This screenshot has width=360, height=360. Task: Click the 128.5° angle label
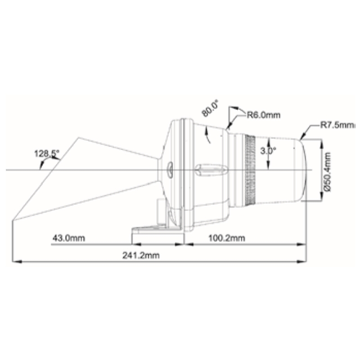[47, 153]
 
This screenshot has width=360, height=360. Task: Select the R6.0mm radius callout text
[264, 114]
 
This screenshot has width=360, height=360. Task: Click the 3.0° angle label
[268, 151]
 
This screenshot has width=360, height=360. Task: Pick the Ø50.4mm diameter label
[328, 171]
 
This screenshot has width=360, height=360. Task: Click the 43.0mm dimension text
[69, 238]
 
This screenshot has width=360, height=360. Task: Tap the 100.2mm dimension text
[227, 238]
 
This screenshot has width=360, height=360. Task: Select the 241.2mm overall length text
[141, 255]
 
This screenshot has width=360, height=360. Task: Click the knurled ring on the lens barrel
[250, 170]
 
